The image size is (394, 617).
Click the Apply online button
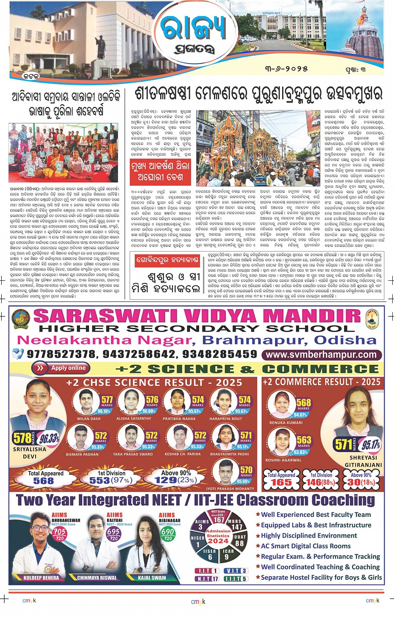coord(61,368)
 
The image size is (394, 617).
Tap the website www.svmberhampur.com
coord(322,355)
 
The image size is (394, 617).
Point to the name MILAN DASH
coord(89,419)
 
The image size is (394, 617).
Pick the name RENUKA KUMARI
coord(286,423)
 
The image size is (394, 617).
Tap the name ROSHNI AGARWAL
coord(283,460)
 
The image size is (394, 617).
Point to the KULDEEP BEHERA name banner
coord(41,578)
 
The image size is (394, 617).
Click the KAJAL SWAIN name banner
coord(152,578)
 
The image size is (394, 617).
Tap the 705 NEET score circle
coord(59,532)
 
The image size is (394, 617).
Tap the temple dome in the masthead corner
coord(367,42)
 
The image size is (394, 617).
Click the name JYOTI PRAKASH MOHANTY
coord(230,489)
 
